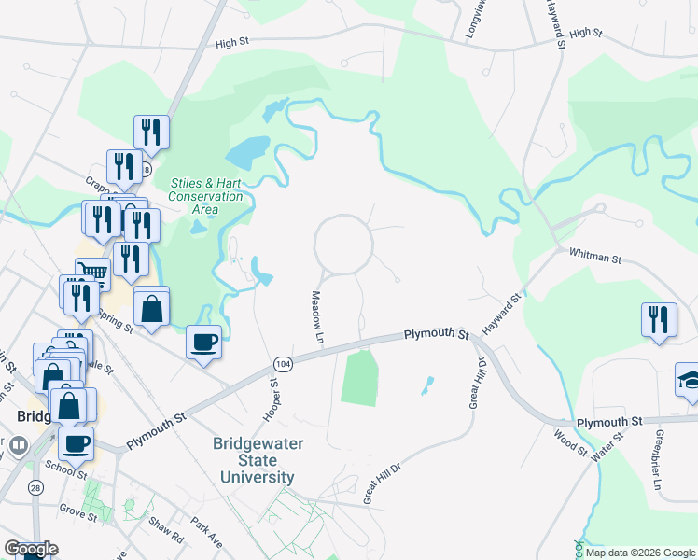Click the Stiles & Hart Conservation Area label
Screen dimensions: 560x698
coord(205,196)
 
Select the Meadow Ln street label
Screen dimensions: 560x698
coord(316,315)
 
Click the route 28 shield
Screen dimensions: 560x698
coord(35,488)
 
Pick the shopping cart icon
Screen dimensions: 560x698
coord(92,273)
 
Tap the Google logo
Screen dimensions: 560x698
coord(31,549)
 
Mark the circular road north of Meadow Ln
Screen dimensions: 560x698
coord(343,245)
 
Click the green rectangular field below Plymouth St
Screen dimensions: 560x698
coord(359,376)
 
